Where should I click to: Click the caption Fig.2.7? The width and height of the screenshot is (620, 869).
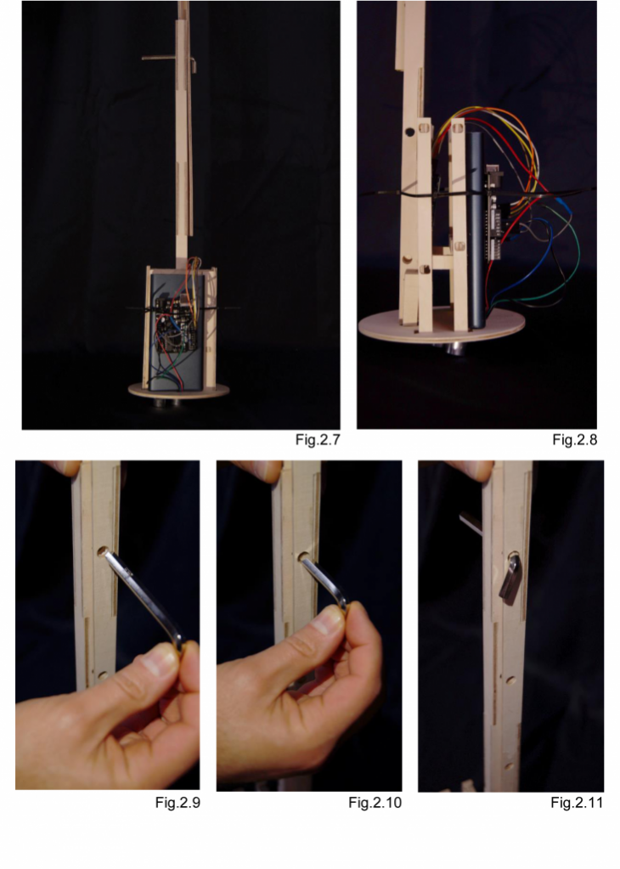click(318, 440)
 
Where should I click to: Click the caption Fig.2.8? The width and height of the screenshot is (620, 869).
click(575, 440)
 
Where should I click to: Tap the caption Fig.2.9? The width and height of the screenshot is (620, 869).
click(178, 803)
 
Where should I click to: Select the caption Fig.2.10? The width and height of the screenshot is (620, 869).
click(375, 803)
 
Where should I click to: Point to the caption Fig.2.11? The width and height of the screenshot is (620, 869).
click(577, 803)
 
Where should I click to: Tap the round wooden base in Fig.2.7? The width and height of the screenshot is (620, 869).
click(178, 390)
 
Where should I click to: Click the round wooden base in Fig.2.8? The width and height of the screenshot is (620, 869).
click(442, 326)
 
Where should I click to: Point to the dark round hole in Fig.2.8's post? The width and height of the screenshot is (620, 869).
click(410, 132)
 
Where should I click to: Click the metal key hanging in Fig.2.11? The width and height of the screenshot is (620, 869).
click(510, 578)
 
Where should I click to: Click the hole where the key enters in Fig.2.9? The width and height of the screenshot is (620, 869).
click(103, 551)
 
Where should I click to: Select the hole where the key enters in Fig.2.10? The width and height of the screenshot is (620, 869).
click(303, 556)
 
